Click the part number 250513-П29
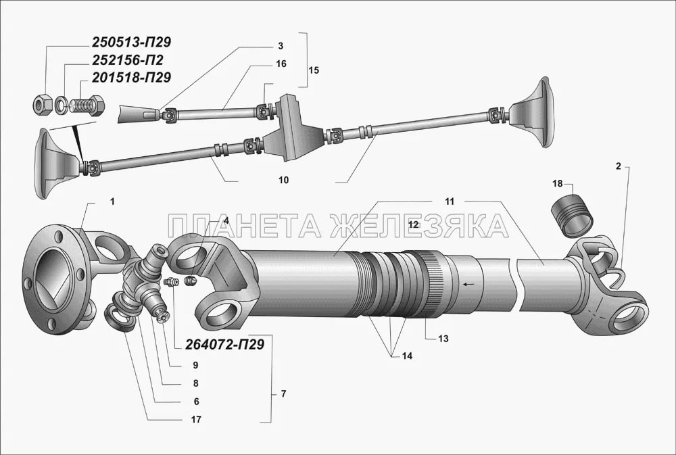click(131, 43)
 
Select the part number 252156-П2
click(127, 60)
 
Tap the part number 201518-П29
click(131, 78)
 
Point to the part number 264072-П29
click(224, 344)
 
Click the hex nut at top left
click(43, 105)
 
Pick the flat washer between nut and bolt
click(61, 105)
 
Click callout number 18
click(558, 184)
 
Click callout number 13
click(443, 339)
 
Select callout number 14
click(407, 356)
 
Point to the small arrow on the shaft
click(467, 284)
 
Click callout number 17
click(196, 420)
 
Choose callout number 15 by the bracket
click(314, 70)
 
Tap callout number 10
click(283, 181)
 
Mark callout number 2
click(619, 166)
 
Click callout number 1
click(112, 201)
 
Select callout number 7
click(283, 393)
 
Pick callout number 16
click(281, 64)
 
